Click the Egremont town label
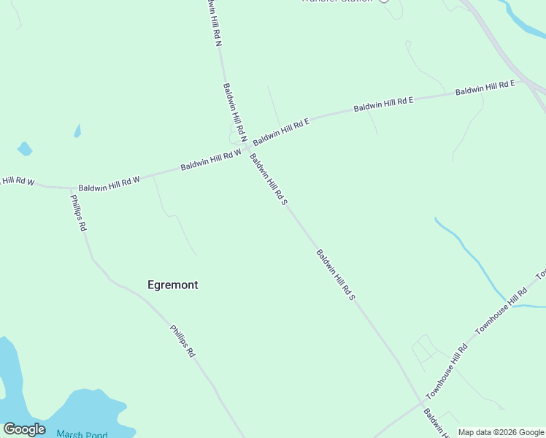pos(172,285)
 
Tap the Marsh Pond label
pos(81,434)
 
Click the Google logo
pos(24,429)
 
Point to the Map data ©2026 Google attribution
pos(501,432)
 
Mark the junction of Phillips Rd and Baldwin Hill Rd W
pos(71,188)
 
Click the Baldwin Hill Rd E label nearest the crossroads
pos(282,128)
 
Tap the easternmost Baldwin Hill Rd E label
pos(485,88)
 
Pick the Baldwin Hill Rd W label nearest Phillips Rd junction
pos(109,183)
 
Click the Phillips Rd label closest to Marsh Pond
pos(182,341)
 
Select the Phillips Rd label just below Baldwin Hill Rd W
pos(78,212)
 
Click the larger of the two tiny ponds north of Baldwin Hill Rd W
pos(25,149)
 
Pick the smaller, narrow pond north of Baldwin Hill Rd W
pos(77,131)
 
